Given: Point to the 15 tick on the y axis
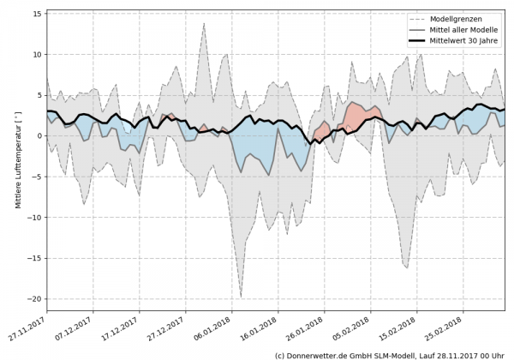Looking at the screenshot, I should pyautogui.click(x=36, y=14).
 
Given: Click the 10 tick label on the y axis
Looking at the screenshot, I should pyautogui.click(x=36, y=55).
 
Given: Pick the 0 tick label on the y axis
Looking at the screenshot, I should pyautogui.click(x=39, y=135).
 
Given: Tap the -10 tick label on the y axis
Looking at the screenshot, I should pyautogui.click(x=34, y=217).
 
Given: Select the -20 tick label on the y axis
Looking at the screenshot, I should pyautogui.click(x=34, y=298).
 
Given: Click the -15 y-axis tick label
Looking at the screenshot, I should pyautogui.click(x=34, y=258).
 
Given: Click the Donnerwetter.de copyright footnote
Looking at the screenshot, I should pyautogui.click(x=389, y=354).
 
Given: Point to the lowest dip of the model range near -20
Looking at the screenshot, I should pyautogui.click(x=242, y=297).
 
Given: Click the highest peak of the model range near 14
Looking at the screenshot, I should pyautogui.click(x=204, y=23).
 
